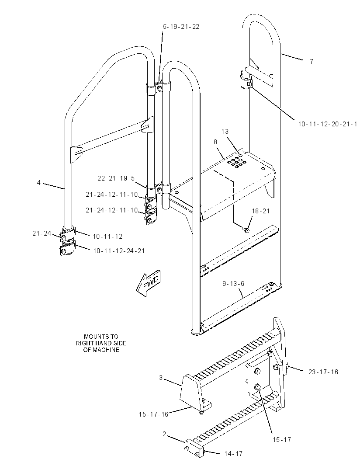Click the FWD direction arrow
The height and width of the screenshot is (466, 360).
point(148,284)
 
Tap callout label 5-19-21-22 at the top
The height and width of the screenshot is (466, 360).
point(181,27)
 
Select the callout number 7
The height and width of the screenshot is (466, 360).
point(312,62)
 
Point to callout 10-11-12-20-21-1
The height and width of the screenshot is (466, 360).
point(328,124)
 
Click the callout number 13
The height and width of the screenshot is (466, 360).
point(225,131)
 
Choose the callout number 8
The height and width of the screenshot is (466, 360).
point(215,142)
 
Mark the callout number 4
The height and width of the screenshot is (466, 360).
point(38,182)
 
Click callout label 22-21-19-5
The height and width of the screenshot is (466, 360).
point(116,178)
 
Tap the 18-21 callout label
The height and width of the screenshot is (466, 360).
point(261,211)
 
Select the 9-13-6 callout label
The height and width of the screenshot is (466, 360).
point(233,284)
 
